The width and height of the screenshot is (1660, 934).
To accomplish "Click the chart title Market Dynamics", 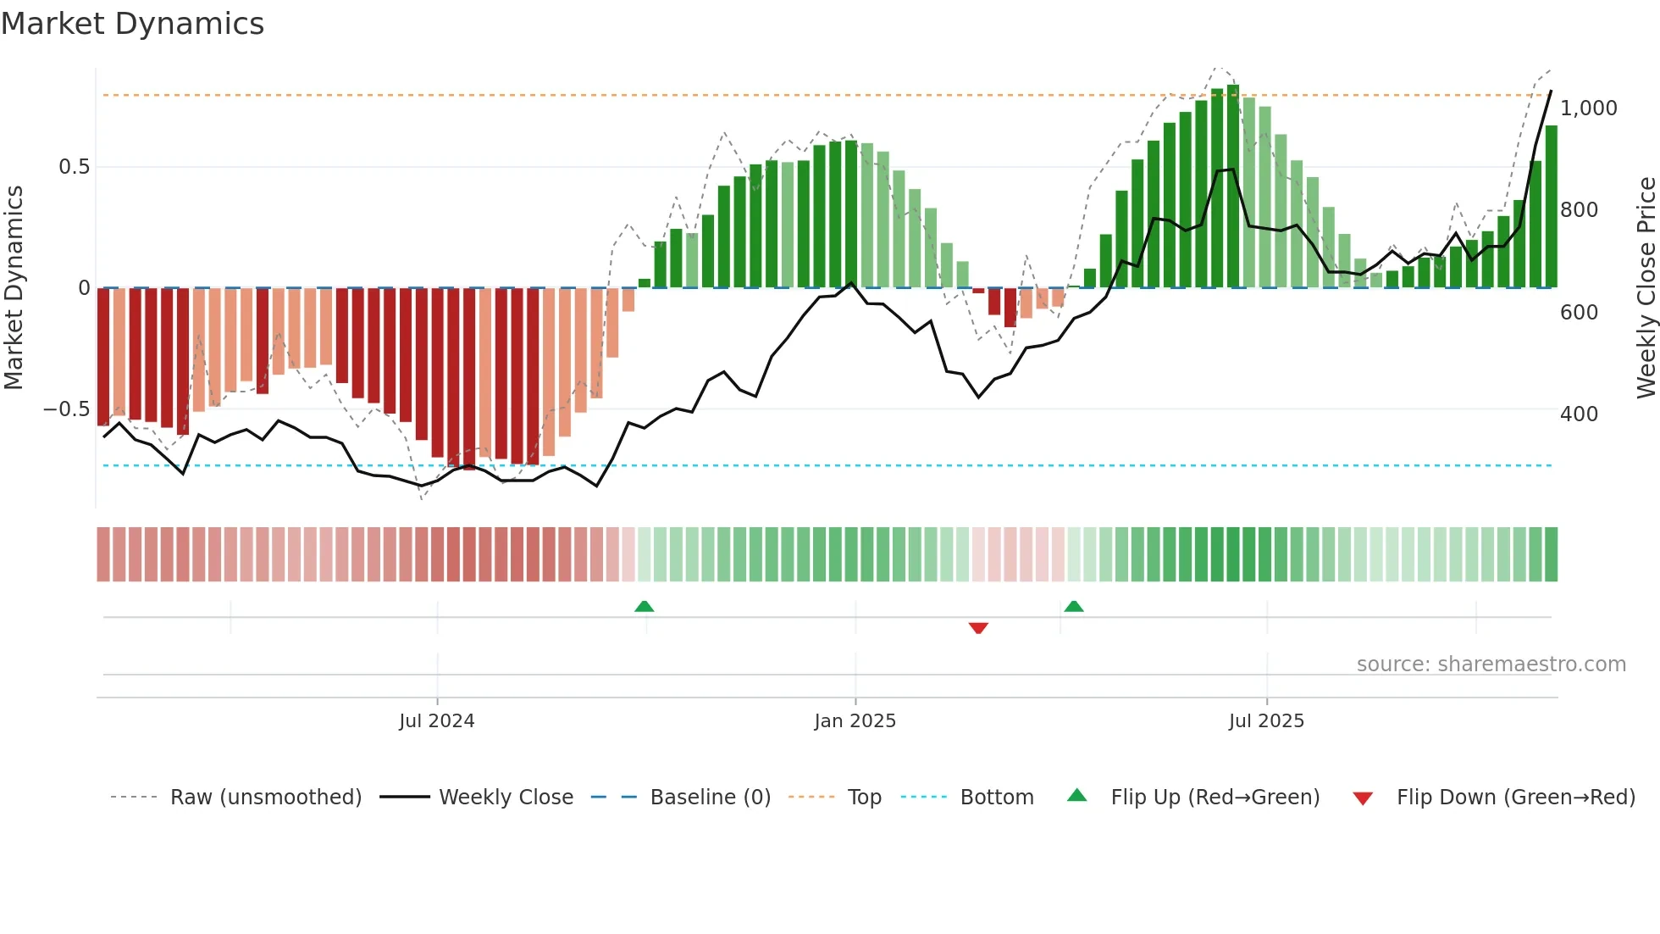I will point(132,24).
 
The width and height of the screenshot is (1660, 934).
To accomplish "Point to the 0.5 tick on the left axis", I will point(74,167).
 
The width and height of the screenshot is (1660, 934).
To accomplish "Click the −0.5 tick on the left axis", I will point(66,409).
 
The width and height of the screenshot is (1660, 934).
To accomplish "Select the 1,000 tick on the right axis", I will point(1588,108).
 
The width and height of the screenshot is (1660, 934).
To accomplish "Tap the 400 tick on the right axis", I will point(1579,414).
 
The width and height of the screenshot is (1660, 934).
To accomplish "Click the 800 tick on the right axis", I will point(1579,210).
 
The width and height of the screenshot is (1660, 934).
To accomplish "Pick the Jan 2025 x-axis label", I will point(855,721).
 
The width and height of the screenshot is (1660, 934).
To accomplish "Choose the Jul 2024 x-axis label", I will point(436,721).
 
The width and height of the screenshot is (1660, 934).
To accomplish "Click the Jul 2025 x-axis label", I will point(1266,721).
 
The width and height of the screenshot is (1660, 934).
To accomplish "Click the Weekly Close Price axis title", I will point(1646,288).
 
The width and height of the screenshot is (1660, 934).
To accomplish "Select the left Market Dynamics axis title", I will point(14,288).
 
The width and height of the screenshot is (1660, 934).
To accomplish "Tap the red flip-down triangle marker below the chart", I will point(978,628).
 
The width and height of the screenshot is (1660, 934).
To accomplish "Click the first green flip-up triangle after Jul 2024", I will point(644,606).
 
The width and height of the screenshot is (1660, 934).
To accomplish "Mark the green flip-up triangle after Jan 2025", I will point(1073,606).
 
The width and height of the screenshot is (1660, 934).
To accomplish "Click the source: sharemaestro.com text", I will point(1491,664).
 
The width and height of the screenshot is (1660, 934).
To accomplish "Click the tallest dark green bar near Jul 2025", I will point(1233,186).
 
